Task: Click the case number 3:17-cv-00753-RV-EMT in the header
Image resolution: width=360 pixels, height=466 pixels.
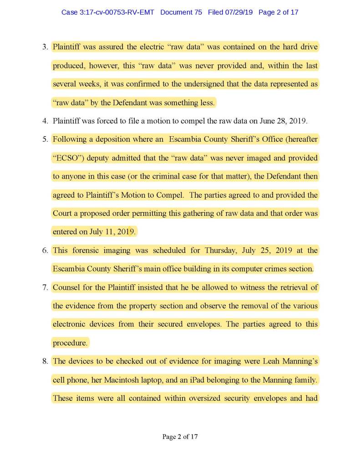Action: [108, 12]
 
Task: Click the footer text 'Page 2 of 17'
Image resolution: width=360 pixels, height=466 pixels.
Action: [180, 437]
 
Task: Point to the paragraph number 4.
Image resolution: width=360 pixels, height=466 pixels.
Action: [45, 121]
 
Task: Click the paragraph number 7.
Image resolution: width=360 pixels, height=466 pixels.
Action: [45, 287]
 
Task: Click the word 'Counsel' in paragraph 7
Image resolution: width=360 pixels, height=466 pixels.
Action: [66, 287]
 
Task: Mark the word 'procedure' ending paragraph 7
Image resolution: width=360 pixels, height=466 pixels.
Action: [69, 343]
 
